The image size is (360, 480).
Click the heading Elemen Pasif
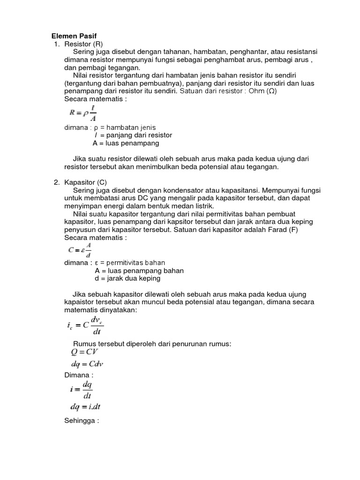click(73, 36)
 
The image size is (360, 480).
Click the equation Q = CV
click(81, 352)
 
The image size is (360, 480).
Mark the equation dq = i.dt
click(84, 407)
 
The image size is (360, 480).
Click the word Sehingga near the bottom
click(81, 420)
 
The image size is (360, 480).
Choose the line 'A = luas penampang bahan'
click(139, 270)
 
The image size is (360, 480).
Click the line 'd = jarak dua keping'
click(127, 278)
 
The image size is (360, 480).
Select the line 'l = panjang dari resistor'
click(133, 135)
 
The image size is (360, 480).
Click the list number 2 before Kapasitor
click(57, 182)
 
